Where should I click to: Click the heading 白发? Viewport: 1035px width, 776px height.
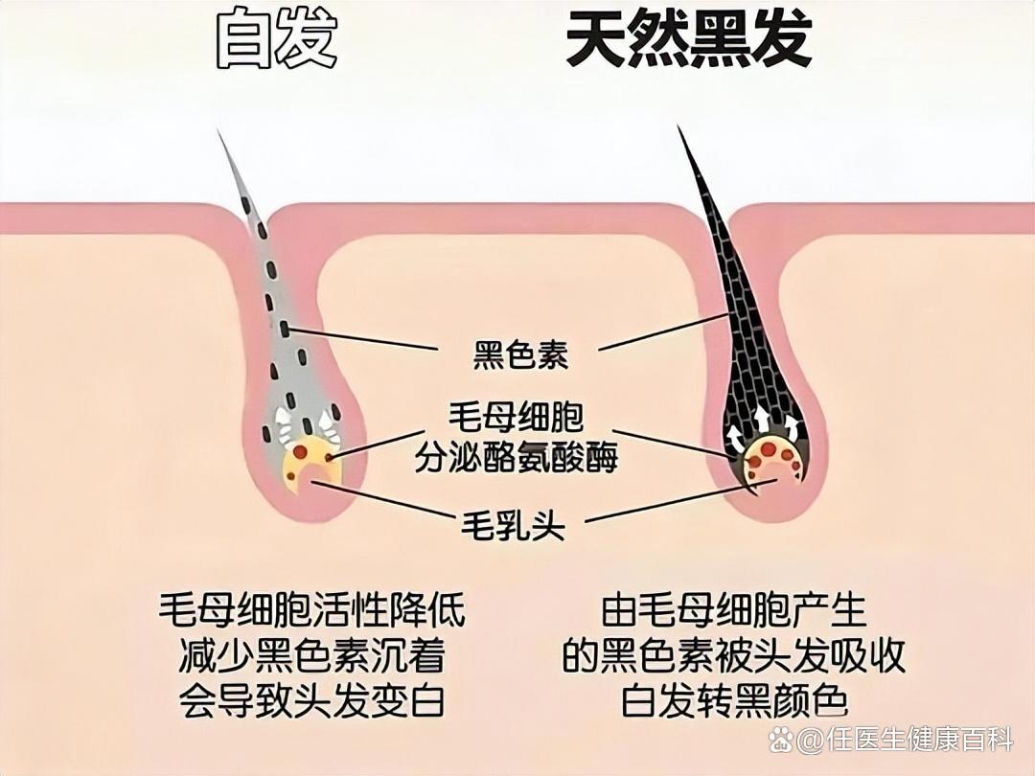pyautogui.click(x=277, y=39)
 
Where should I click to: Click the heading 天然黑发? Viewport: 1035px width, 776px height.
pyautogui.click(x=688, y=39)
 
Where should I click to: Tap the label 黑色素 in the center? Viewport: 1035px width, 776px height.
pyautogui.click(x=520, y=354)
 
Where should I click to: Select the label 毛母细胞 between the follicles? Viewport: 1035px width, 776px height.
pyautogui.click(x=517, y=417)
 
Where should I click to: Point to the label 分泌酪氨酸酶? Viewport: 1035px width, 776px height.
pyautogui.click(x=517, y=456)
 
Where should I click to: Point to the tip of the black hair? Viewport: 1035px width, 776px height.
pyautogui.click(x=678, y=126)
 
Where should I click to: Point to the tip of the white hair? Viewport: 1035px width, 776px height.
pyautogui.click(x=218, y=129)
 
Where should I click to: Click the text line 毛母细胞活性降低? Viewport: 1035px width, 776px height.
pyautogui.click(x=311, y=611)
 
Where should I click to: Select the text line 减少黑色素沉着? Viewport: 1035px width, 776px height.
pyautogui.click(x=311, y=655)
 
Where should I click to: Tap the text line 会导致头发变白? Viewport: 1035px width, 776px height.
pyautogui.click(x=311, y=699)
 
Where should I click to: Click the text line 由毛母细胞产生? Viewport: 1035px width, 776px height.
pyautogui.click(x=733, y=611)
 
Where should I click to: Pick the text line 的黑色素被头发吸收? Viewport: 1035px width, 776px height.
pyautogui.click(x=733, y=655)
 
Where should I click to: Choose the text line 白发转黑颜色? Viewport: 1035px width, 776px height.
pyautogui.click(x=733, y=699)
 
